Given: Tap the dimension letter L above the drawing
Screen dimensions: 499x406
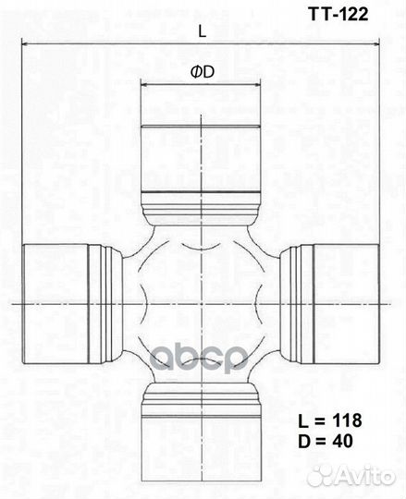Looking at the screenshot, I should click(202, 30).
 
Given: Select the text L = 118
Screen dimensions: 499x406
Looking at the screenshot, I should click(329, 420).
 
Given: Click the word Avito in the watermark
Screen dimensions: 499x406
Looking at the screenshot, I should click(365, 475).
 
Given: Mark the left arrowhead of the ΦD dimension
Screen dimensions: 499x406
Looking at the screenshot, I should click(144, 84).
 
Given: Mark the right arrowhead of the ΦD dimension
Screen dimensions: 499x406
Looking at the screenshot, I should click(257, 84).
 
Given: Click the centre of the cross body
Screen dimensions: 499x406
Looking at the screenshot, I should click(201, 301).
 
